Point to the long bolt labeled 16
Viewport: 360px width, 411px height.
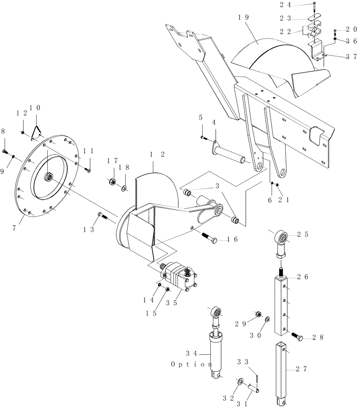211,238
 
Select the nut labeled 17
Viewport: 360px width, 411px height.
111,181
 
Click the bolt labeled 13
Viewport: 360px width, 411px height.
102,215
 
